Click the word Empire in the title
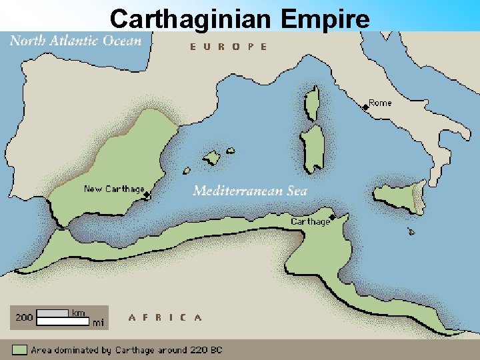[x=325, y=18]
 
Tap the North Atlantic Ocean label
[x=75, y=41]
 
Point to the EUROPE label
[x=229, y=47]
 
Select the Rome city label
[x=381, y=103]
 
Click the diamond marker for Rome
[x=365, y=107]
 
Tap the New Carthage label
[x=114, y=189]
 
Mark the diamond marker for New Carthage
[x=147, y=195]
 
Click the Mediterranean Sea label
[x=250, y=191]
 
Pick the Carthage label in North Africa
[x=310, y=221]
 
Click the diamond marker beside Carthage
[x=332, y=216]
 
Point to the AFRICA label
[x=165, y=317]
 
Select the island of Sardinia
[x=311, y=148]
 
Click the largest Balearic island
[x=211, y=158]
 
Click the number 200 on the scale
[x=23, y=317]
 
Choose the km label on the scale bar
[x=78, y=313]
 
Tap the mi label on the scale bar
[x=98, y=323]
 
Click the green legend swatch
[x=19, y=349]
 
